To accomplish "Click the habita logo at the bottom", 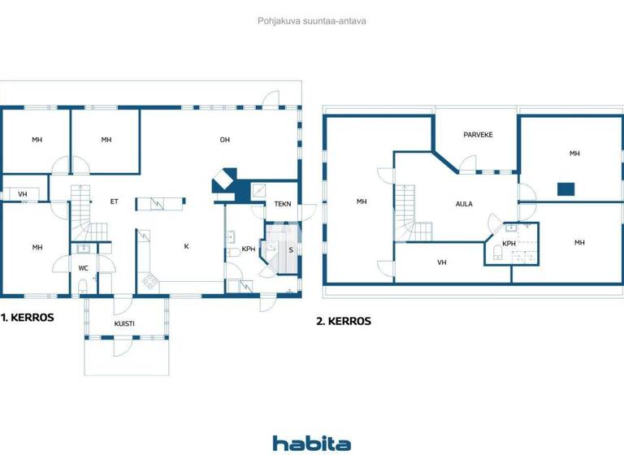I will click(311, 443).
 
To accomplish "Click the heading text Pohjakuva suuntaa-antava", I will click(311, 20).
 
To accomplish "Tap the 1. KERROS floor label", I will click(28, 318).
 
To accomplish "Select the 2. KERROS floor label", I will click(344, 321).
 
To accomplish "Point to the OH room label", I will click(225, 140).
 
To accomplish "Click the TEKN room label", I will click(283, 204).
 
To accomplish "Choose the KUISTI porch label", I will click(124, 323).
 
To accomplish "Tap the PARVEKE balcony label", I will click(479, 135).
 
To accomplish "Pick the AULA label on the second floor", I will click(464, 205).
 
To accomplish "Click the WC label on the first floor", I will click(84, 267).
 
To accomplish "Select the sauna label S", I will click(290, 249).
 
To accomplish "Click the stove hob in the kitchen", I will click(149, 282).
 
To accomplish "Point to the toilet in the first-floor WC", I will click(84, 284).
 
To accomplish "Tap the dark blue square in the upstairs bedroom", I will click(566, 189).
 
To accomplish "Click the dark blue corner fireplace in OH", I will click(225, 183).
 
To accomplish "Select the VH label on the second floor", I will click(441, 262).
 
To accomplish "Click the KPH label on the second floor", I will click(509, 243).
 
